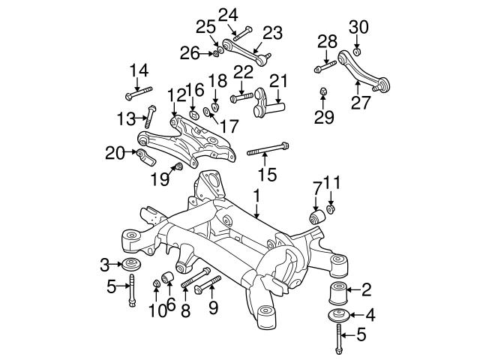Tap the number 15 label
tap(266, 175)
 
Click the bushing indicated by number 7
tap(317, 217)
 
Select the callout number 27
tap(361, 102)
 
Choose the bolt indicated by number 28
tap(322, 68)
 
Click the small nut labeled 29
tap(323, 93)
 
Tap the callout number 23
tap(271, 33)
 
